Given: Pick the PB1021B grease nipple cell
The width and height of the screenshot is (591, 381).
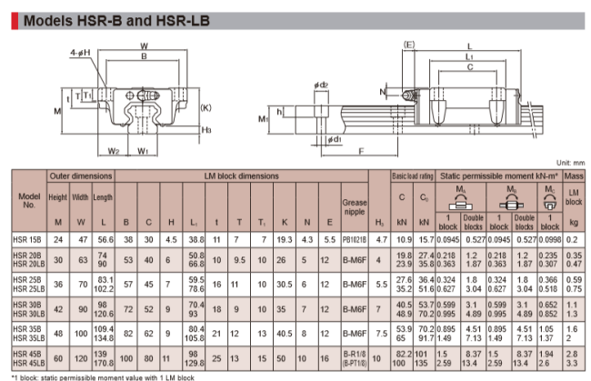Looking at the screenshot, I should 354,237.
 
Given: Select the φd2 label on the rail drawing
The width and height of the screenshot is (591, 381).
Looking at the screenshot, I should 319,85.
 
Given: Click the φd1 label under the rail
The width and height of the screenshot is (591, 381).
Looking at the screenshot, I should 334,140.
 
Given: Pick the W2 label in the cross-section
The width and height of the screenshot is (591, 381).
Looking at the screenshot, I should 114,150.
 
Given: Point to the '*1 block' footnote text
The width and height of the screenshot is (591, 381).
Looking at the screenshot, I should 100,375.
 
